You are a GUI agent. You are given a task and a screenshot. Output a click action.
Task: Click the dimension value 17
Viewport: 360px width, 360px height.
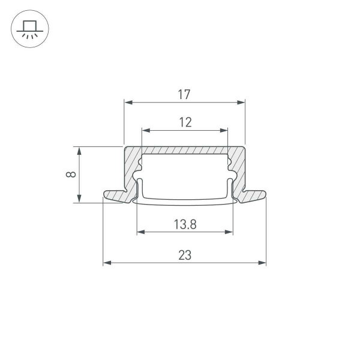pyautogui.click(x=184, y=94)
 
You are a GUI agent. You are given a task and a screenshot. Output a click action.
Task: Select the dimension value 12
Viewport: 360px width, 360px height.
pyautogui.click(x=185, y=122)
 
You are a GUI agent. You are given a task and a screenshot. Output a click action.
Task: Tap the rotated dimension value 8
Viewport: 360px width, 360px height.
pyautogui.click(x=71, y=175)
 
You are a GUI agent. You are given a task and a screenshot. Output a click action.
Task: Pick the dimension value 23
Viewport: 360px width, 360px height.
pyautogui.click(x=185, y=255)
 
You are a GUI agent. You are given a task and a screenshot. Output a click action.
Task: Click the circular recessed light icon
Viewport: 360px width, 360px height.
pyautogui.click(x=30, y=29)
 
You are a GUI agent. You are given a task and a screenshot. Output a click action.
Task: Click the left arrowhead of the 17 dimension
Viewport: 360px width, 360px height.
pyautogui.click(x=128, y=103)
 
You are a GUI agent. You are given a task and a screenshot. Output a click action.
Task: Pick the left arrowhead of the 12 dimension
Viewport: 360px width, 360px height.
pyautogui.click(x=145, y=130)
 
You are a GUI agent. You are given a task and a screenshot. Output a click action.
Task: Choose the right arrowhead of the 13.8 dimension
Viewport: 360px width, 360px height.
pyautogui.click(x=229, y=232)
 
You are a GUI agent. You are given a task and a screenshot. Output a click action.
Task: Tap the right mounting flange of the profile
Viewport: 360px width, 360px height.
pyautogui.click(x=254, y=196)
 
